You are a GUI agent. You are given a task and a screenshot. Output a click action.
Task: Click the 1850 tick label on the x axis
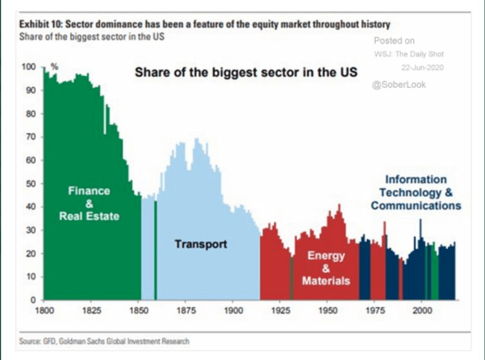(139, 310)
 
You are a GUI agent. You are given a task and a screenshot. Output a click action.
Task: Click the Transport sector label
(201, 244)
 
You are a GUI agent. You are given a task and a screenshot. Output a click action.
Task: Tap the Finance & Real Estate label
(89, 203)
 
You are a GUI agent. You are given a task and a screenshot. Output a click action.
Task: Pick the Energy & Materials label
(326, 268)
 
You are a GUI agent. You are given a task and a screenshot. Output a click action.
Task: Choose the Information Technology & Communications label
(416, 192)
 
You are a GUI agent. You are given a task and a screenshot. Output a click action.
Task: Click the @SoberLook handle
(399, 84)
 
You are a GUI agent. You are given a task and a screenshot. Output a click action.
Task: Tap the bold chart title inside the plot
(246, 71)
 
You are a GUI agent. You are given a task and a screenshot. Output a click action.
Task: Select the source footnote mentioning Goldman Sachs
(104, 341)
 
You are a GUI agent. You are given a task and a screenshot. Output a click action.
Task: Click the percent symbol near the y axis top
(55, 67)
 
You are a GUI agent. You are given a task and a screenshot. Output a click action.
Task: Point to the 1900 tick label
(233, 310)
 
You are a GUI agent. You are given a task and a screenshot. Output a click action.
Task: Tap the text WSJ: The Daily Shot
(409, 54)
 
